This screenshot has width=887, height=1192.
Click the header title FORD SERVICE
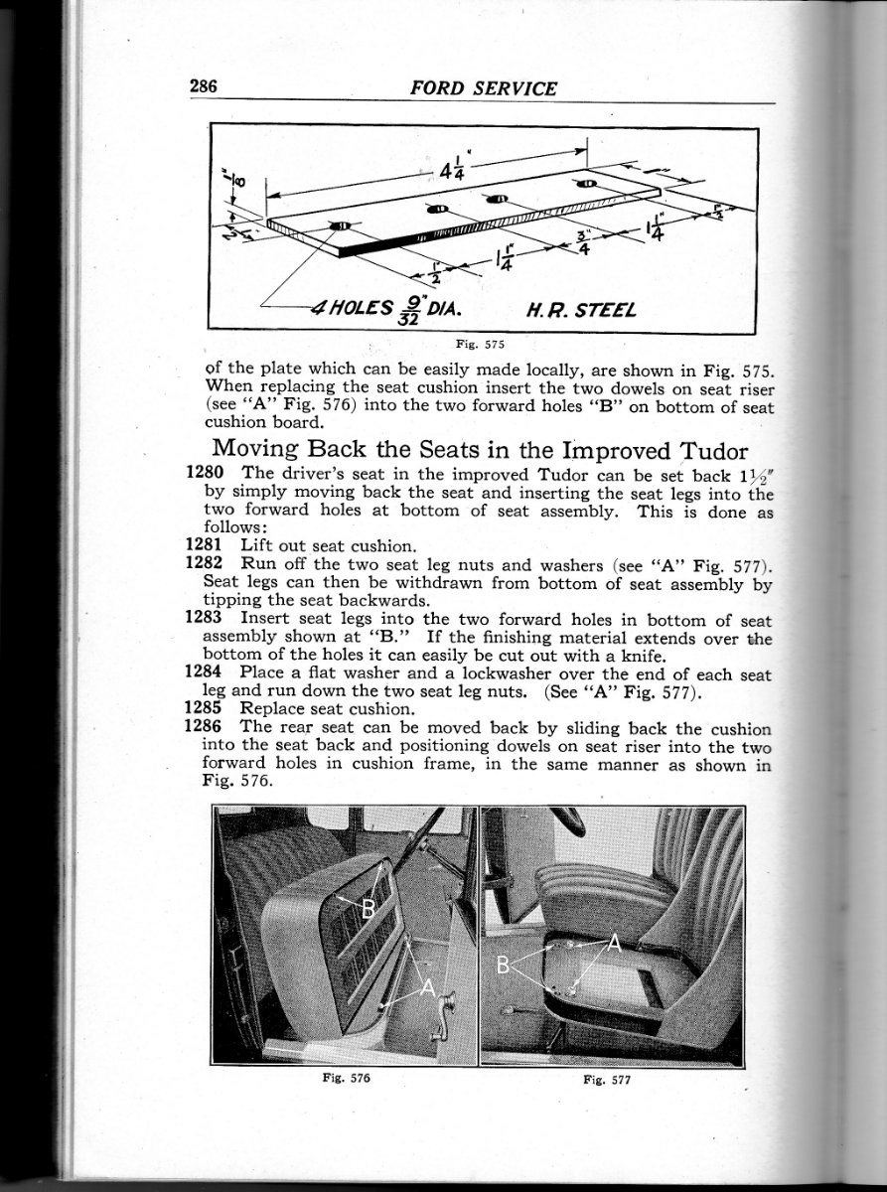point(483,87)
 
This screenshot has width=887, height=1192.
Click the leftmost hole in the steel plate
point(340,227)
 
